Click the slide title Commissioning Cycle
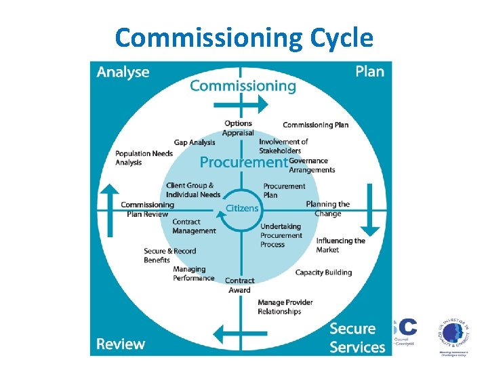[244, 38]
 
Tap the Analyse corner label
[123, 72]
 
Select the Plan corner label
[369, 71]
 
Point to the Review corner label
[121, 344]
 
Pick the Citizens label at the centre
[242, 208]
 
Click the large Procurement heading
[243, 162]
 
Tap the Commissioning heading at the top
[243, 85]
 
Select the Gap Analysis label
[195, 142]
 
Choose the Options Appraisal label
[238, 128]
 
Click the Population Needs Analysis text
[144, 158]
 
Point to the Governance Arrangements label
[312, 165]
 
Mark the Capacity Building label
[323, 272]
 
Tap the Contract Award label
[239, 285]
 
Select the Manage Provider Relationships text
[285, 307]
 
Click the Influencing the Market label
[340, 245]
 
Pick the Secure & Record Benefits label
[169, 256]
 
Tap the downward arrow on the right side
[371, 211]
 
